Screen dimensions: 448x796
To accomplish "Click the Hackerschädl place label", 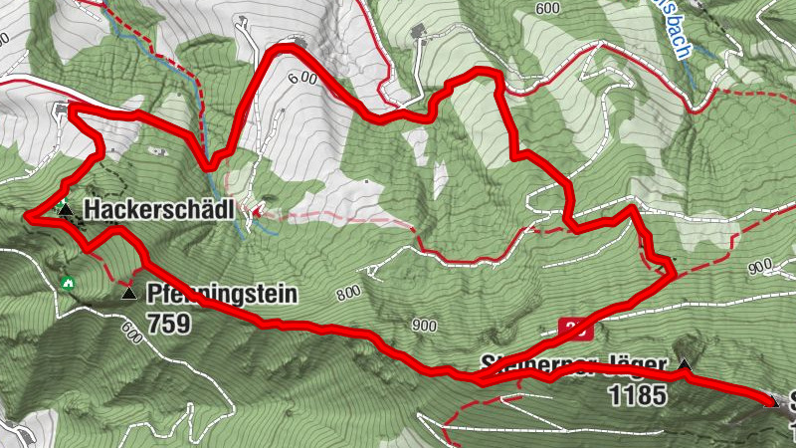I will [158, 210].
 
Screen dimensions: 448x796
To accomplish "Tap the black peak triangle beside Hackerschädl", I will [65, 210].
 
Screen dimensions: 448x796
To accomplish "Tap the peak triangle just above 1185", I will [684, 366].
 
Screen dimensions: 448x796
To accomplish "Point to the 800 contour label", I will [347, 293].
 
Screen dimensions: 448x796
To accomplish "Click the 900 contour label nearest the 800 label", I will [424, 326].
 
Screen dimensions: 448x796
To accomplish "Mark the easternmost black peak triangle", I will [770, 401].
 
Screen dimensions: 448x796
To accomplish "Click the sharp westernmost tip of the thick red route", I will [27, 214].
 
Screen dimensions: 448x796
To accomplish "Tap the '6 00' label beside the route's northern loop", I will [301, 79].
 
